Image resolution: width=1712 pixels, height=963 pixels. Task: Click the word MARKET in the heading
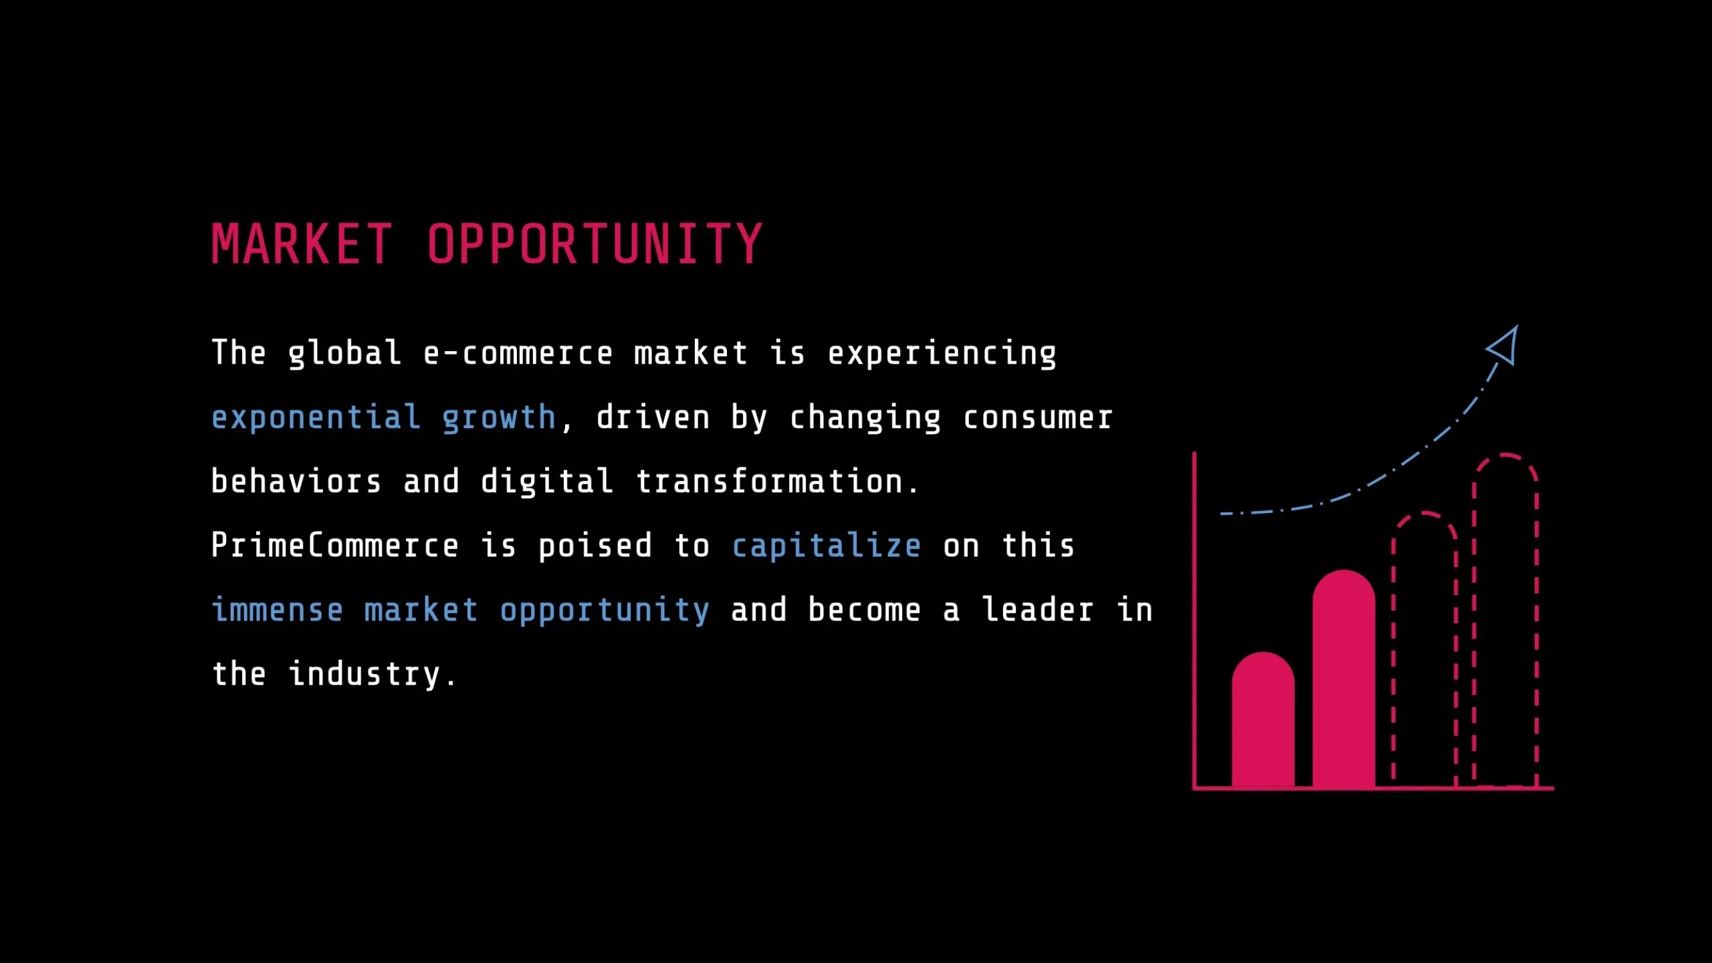(x=302, y=244)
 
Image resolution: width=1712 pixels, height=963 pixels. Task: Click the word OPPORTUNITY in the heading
(x=595, y=244)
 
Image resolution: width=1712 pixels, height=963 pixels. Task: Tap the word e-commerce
(x=518, y=353)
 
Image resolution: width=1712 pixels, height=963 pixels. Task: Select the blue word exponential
(x=316, y=418)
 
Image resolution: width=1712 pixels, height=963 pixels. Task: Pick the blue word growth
(x=499, y=418)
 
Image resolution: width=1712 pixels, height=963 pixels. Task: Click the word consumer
(x=1038, y=418)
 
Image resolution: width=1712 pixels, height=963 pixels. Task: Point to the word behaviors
(x=296, y=481)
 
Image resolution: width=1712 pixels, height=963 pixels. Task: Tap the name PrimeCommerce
(x=335, y=546)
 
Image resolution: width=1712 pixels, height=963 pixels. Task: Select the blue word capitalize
(x=827, y=546)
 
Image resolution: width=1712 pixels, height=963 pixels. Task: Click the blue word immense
(x=278, y=610)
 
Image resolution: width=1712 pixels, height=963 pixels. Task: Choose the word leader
(x=1037, y=610)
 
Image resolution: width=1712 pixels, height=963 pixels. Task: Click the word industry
(x=365, y=674)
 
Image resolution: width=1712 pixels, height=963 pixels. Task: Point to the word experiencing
(x=942, y=353)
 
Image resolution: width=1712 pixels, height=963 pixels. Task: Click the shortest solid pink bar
(x=1263, y=722)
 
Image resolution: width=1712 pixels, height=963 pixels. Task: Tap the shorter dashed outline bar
(x=1424, y=649)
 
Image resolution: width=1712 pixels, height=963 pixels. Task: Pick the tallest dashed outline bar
(x=1505, y=622)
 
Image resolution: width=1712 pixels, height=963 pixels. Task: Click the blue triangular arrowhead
(x=1505, y=346)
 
